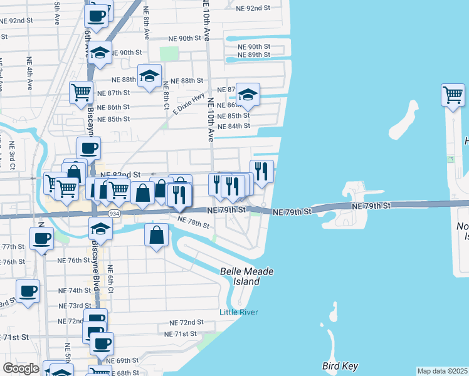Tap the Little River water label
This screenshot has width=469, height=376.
click(238, 312)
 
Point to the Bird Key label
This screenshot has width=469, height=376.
click(340, 365)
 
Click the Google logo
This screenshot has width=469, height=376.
click(21, 368)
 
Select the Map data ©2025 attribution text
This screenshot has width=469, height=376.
click(443, 371)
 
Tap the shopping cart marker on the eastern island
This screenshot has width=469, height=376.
click(452, 95)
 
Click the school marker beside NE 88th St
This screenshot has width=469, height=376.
click(149, 76)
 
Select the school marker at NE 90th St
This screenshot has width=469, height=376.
click(100, 53)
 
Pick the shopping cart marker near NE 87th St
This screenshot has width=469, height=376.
click(81, 93)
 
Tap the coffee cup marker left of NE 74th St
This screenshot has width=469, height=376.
click(28, 291)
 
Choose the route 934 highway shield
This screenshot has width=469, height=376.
click(114, 213)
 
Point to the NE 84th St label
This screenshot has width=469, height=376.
click(234, 126)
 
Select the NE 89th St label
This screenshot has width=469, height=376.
click(254, 55)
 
